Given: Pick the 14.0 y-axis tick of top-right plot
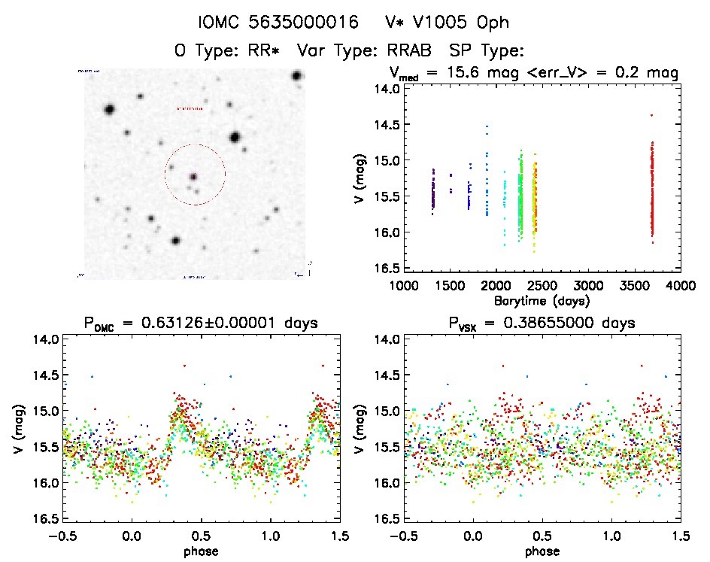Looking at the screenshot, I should (x=385, y=89).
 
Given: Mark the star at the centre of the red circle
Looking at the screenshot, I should (x=193, y=176).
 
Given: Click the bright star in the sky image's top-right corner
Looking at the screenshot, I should (x=297, y=76).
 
